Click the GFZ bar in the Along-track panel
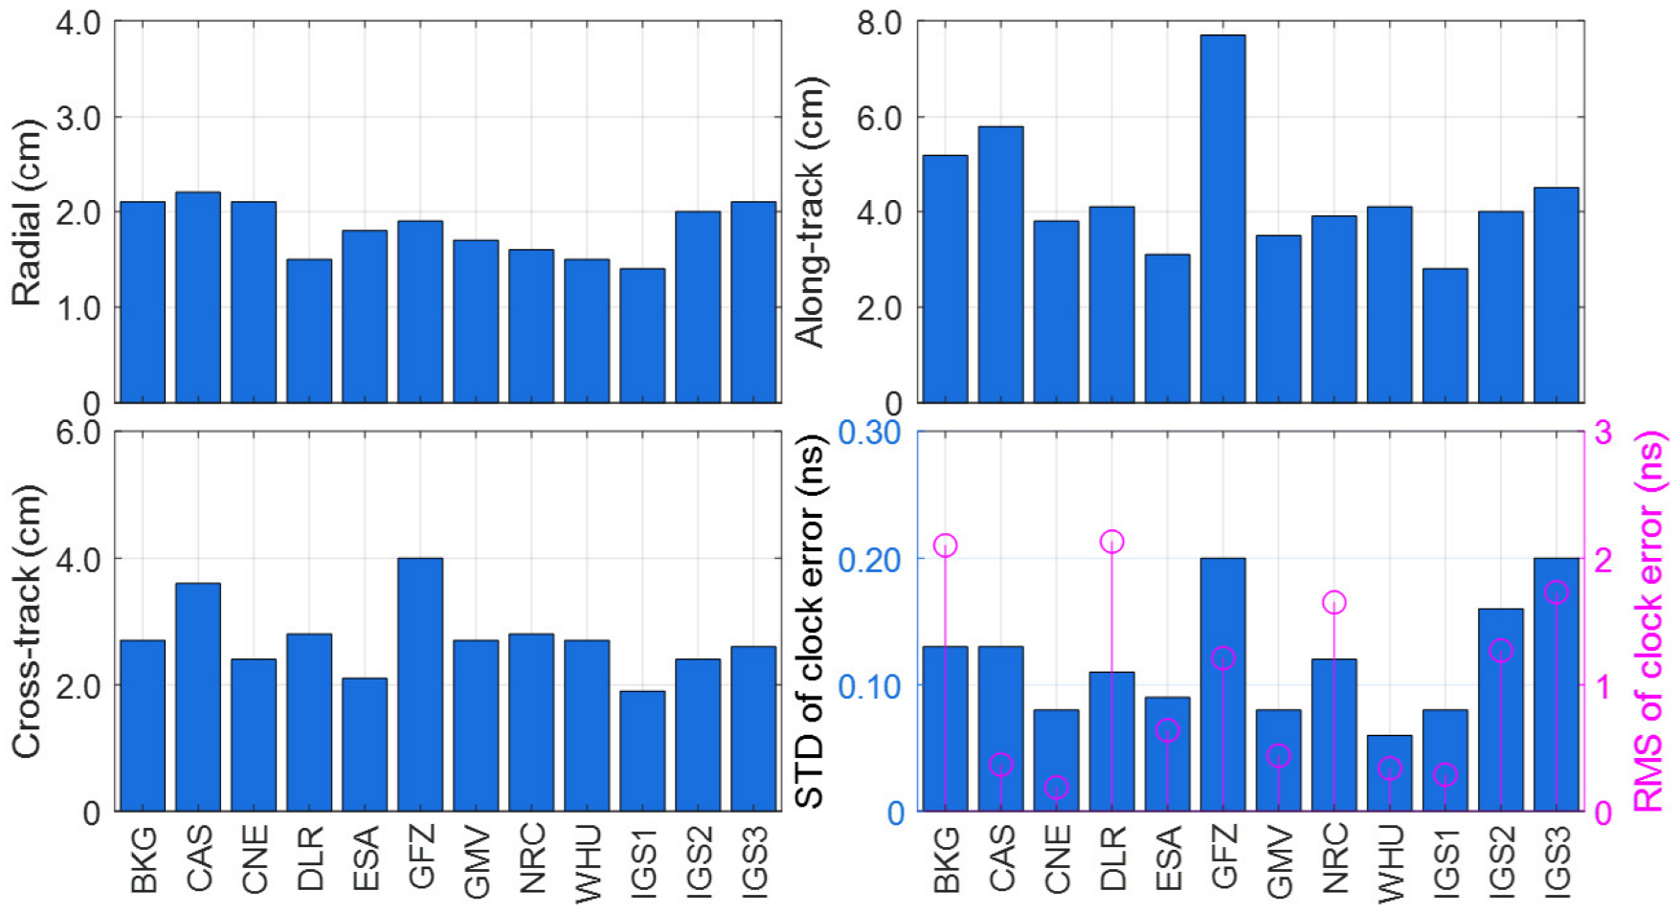[1222, 220]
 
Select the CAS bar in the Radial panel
[198, 297]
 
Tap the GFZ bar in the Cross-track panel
[420, 684]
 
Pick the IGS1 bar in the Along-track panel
[1444, 335]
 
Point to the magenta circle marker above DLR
[1111, 542]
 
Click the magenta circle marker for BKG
[945, 546]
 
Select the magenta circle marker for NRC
[1333, 602]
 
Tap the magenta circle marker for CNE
[1056, 788]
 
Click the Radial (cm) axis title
[27, 212]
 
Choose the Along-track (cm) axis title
[810, 212]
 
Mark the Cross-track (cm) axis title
[27, 622]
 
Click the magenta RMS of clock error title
[1648, 622]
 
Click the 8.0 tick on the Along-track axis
[879, 23]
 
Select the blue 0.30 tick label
[869, 433]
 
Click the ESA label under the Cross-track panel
[365, 857]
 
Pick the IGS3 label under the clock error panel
[1555, 859]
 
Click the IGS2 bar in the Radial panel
[698, 306]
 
